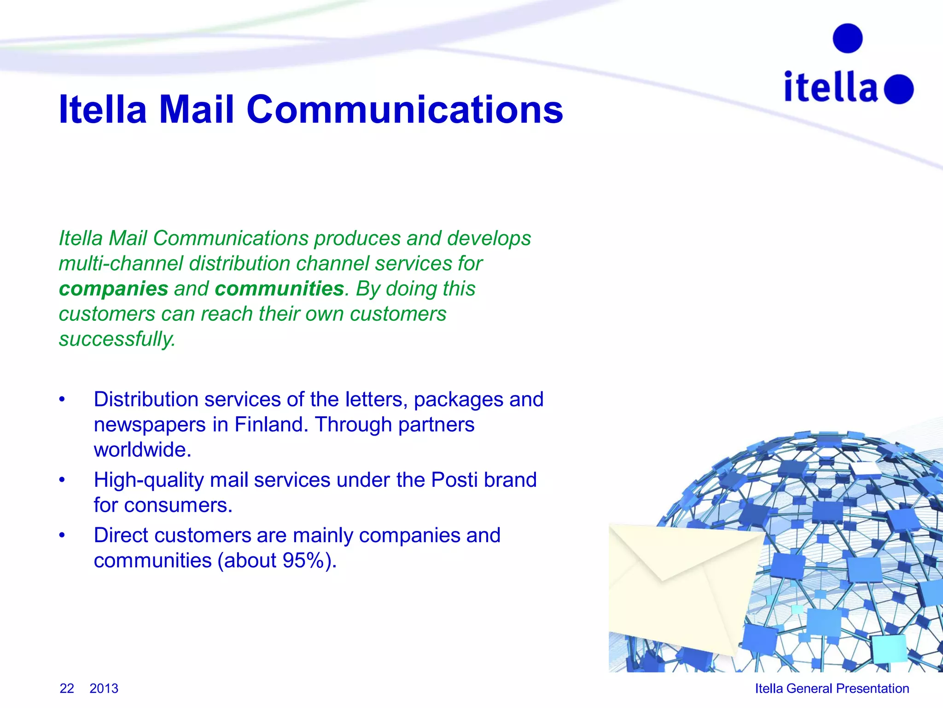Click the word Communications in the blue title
[405, 110]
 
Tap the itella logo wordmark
[831, 87]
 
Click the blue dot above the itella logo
[847, 38]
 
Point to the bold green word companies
[114, 289]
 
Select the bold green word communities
[279, 289]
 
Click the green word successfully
[117, 339]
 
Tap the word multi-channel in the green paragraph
[121, 264]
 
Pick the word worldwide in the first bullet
[142, 450]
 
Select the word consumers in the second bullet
[178, 505]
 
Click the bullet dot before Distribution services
[62, 399]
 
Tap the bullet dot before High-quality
[62, 480]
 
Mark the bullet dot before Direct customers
[62, 535]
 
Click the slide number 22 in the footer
[67, 688]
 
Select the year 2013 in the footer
[104, 688]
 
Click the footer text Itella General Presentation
[832, 688]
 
